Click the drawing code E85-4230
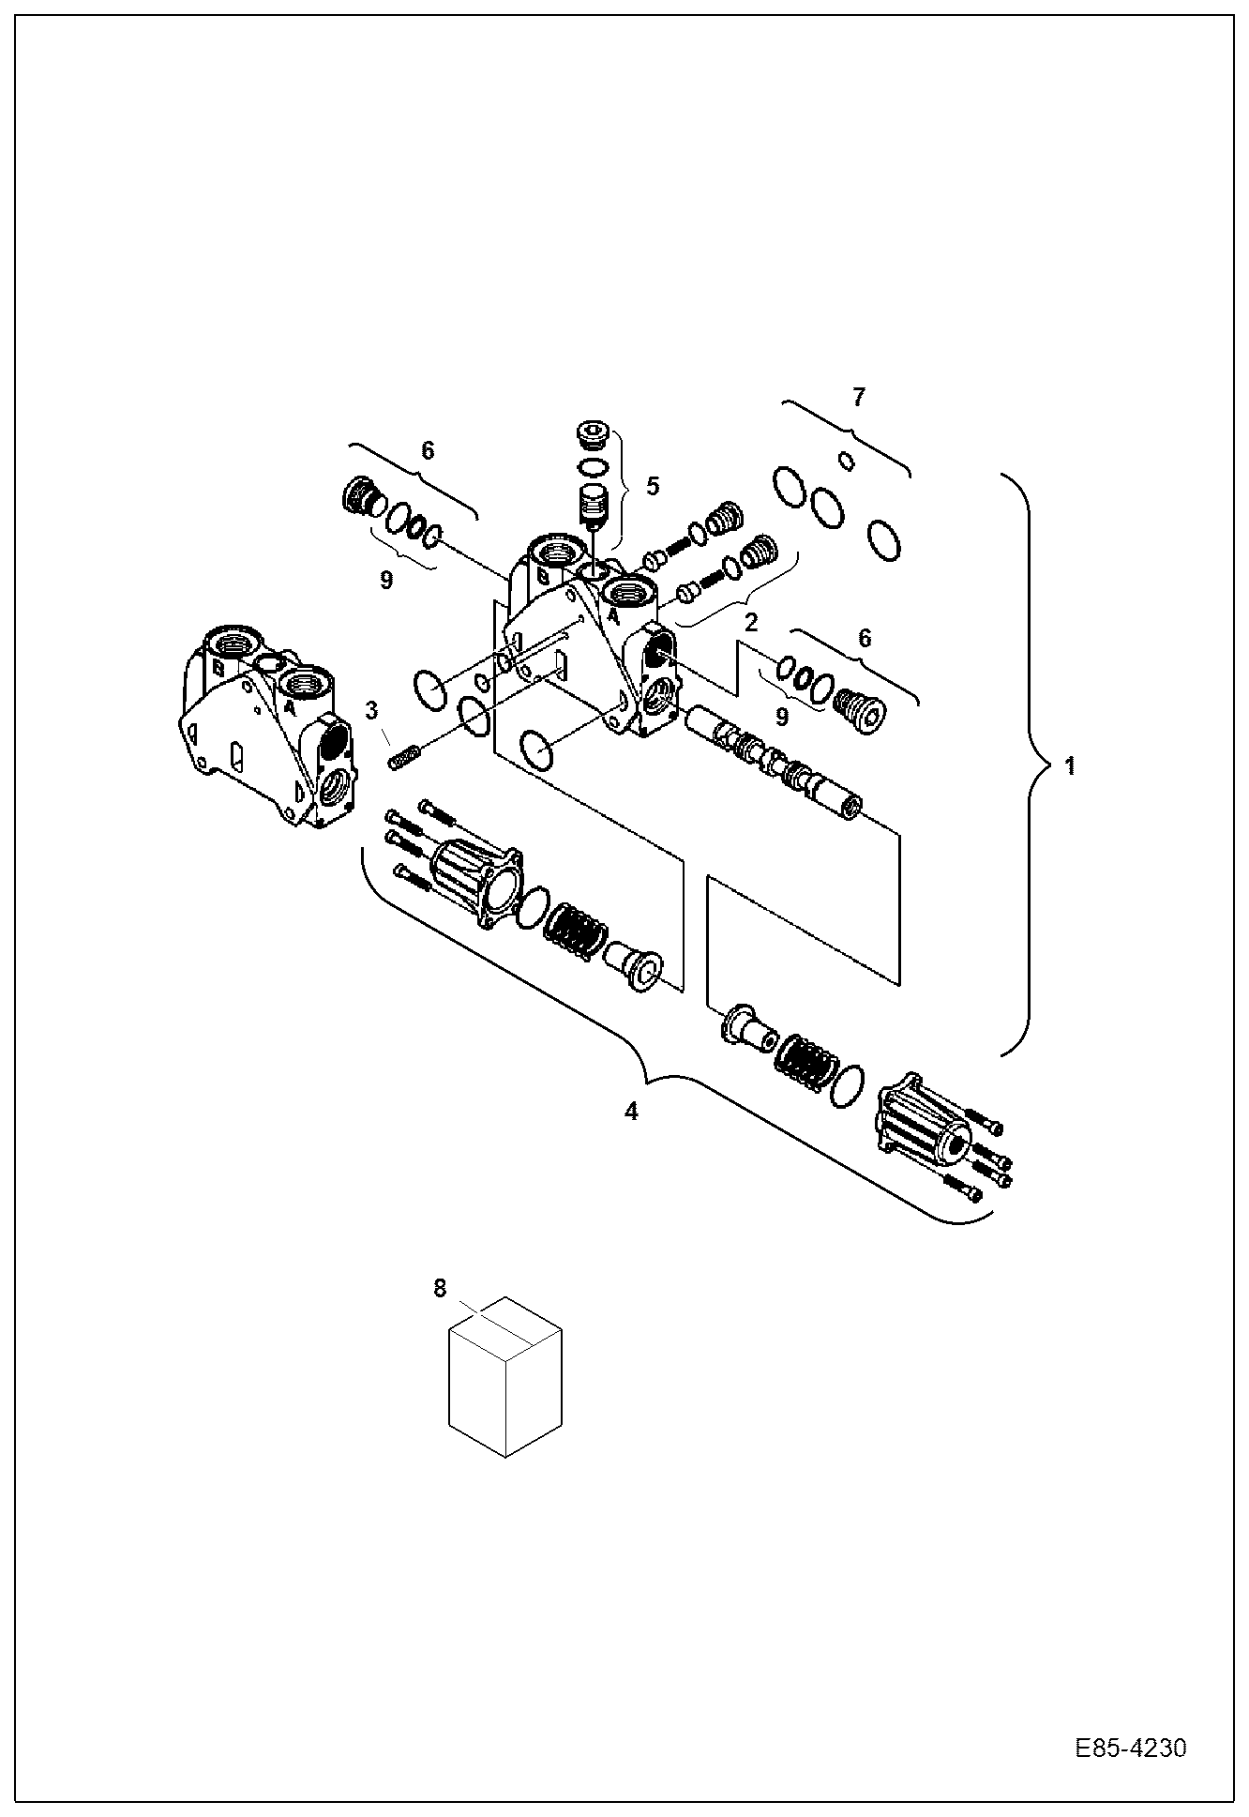(x=1130, y=1749)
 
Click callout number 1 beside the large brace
(x=1069, y=766)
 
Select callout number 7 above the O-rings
(x=859, y=397)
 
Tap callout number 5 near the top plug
(x=653, y=486)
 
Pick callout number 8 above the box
(x=441, y=1289)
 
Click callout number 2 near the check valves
(x=750, y=621)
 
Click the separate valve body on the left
(x=267, y=722)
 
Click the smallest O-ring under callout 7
(x=846, y=460)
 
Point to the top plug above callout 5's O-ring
(x=592, y=436)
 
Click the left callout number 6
(x=428, y=451)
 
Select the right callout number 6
(x=864, y=639)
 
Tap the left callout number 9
(x=386, y=581)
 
